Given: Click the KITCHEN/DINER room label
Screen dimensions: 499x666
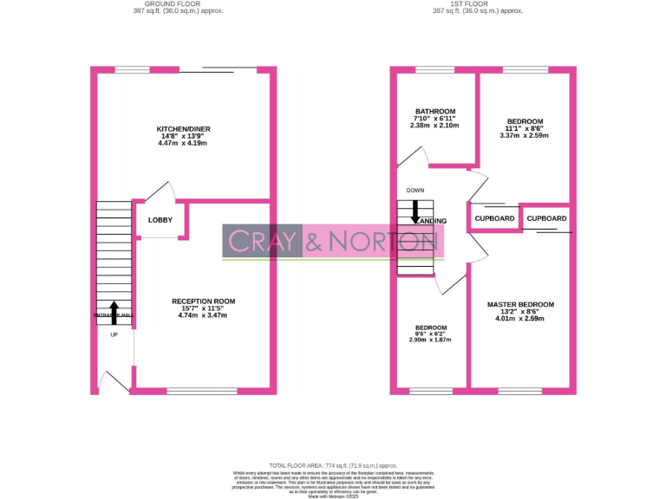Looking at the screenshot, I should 184,129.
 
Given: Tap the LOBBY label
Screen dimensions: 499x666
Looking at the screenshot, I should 160,220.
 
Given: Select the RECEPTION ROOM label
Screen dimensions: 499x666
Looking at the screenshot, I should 202,301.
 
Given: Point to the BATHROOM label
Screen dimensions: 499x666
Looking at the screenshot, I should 434,112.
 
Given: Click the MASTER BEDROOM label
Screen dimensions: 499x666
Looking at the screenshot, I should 520,305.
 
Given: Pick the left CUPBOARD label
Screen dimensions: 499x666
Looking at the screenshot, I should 494,218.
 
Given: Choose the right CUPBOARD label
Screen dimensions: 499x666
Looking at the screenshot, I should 547,218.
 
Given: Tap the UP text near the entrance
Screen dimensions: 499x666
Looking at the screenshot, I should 114,335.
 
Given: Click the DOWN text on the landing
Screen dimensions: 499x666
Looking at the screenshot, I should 415,191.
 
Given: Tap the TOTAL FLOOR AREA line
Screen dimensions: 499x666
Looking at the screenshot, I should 333,465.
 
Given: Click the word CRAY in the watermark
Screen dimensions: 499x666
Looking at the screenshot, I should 263,241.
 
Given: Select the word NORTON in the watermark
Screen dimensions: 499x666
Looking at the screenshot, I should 382,241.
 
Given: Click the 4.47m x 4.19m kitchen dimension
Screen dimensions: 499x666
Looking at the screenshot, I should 184,143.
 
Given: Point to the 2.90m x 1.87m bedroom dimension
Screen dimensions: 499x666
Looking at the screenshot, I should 430,340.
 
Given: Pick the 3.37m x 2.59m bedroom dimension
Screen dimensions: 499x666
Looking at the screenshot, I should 524,135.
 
